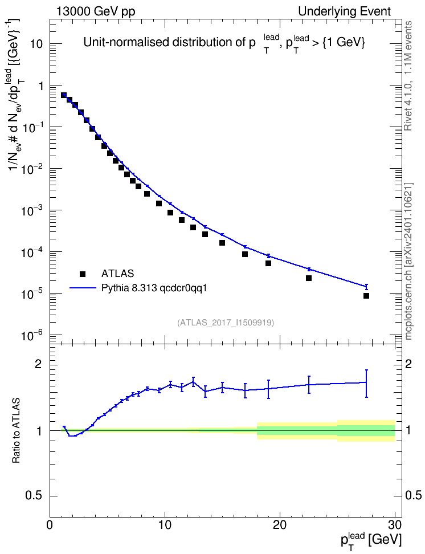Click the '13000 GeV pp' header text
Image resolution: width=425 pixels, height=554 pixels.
click(95, 11)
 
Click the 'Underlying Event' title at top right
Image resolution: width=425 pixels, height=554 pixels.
click(345, 11)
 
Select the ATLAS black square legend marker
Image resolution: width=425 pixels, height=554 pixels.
click(83, 274)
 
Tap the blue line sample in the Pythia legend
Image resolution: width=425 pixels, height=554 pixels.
click(83, 288)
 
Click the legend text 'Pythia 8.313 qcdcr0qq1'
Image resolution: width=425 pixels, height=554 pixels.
click(154, 288)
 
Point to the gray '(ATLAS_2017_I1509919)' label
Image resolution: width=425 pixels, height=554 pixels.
click(226, 322)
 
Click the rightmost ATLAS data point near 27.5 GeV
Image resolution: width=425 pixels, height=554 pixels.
click(366, 296)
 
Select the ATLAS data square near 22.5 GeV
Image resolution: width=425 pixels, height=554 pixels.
click(309, 278)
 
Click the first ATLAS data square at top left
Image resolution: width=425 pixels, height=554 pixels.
click(64, 95)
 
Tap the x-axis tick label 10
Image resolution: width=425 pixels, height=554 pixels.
click(165, 524)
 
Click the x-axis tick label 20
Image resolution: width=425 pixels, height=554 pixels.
click(280, 524)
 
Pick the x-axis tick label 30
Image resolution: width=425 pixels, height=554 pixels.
click(395, 524)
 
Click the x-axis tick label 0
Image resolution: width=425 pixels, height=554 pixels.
click(50, 524)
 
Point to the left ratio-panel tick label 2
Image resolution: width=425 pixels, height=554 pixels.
click(38, 364)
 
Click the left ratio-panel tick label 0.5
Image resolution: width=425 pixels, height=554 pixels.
click(34, 496)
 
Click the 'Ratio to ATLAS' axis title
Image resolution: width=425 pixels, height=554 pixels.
click(17, 431)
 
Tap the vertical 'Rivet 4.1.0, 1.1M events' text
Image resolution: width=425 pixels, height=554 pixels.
click(408, 76)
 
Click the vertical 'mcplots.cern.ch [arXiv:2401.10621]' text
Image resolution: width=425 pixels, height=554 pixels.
click(408, 262)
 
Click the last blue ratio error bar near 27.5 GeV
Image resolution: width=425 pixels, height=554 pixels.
click(366, 384)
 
